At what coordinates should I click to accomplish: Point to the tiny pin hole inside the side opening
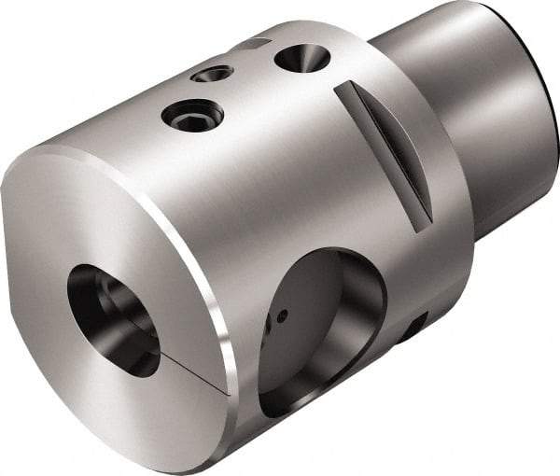[281, 316]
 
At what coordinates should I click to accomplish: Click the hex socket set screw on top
[192, 116]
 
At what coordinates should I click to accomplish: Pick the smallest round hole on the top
[214, 74]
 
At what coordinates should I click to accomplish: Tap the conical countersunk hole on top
[301, 58]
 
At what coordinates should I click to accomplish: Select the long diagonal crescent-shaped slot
[385, 151]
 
